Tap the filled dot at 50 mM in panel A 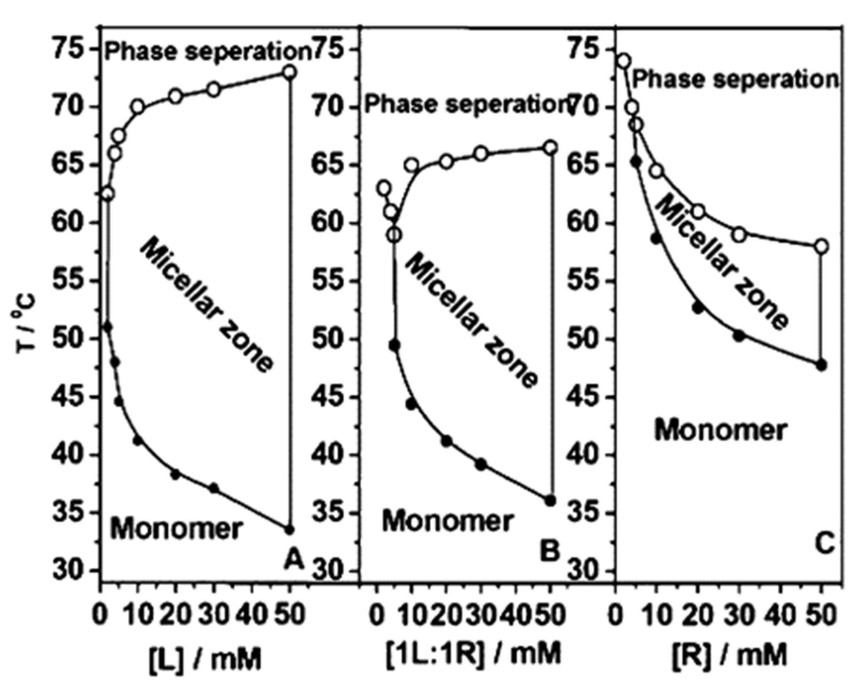point(289,530)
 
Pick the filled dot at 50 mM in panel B point(550,501)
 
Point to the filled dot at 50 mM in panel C point(821,365)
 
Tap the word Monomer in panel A point(176,529)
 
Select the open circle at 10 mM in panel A point(138,107)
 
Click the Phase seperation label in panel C point(735,79)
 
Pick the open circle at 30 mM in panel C point(739,235)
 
